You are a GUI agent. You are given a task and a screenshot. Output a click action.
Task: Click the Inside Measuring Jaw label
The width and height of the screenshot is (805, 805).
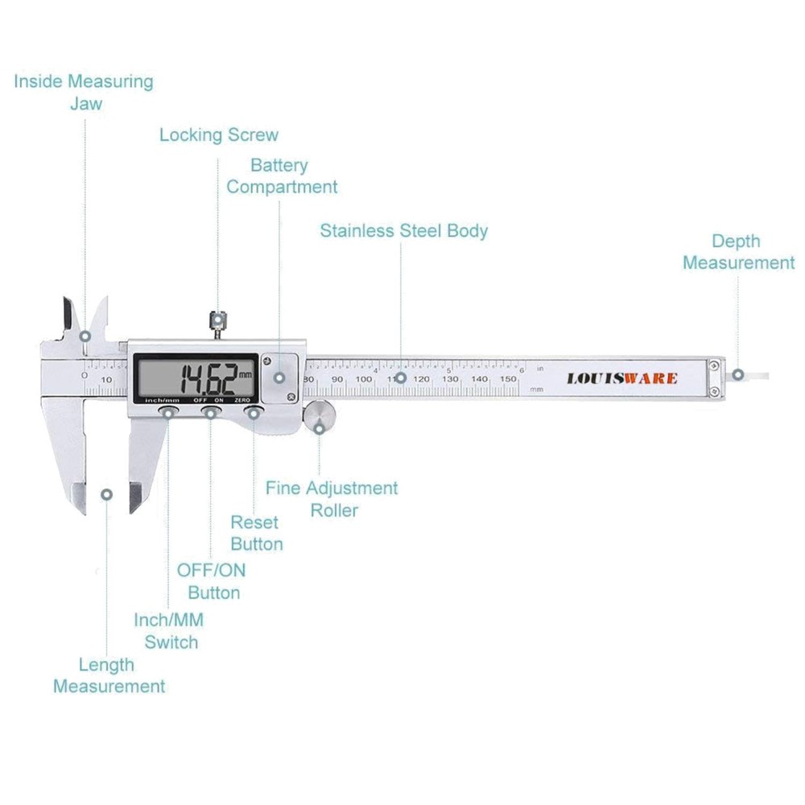83,92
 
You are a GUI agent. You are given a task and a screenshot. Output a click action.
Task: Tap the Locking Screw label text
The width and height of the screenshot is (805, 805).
218,134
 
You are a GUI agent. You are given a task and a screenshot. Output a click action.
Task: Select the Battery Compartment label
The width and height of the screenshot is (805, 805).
281,176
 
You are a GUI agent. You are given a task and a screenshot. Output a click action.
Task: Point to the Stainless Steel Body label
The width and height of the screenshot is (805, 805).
403,230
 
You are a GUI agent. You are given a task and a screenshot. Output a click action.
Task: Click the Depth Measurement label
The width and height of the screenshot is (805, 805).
738,252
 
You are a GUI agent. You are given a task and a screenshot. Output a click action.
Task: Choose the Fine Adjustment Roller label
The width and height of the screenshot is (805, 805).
332,499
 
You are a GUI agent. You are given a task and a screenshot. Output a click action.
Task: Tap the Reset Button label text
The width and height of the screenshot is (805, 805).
257,533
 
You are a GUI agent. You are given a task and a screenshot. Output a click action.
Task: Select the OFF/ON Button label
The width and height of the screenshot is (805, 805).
212,581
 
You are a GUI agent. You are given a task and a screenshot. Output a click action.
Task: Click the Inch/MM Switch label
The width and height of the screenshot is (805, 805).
169,631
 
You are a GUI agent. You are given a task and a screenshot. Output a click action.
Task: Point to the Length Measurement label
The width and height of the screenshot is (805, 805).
109,675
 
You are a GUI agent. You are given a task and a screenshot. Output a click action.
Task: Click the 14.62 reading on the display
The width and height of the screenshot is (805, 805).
207,376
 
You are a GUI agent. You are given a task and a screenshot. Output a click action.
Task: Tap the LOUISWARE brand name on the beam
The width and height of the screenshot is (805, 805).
621,378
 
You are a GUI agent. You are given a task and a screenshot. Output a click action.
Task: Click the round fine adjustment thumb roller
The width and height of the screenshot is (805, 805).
320,416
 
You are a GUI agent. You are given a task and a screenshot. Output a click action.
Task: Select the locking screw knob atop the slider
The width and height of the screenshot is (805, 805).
217,320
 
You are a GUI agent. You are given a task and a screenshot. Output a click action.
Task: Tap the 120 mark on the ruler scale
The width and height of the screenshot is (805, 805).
422,378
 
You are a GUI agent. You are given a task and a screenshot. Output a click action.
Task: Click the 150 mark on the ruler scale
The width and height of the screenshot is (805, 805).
508,378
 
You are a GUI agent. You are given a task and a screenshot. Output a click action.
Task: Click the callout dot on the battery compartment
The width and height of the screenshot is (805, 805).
279,377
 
